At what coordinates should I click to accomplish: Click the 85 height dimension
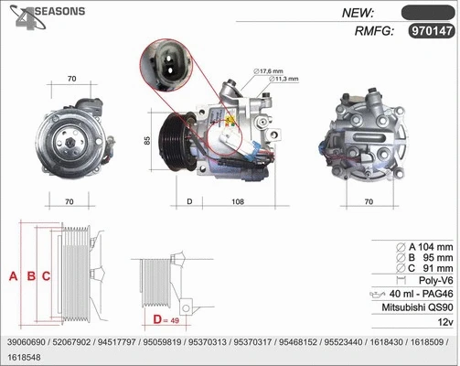[x=146, y=141]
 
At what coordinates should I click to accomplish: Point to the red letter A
[x=13, y=275]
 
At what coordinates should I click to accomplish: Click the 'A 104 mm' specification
[x=426, y=247]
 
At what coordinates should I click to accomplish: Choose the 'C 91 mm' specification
[x=426, y=268]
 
